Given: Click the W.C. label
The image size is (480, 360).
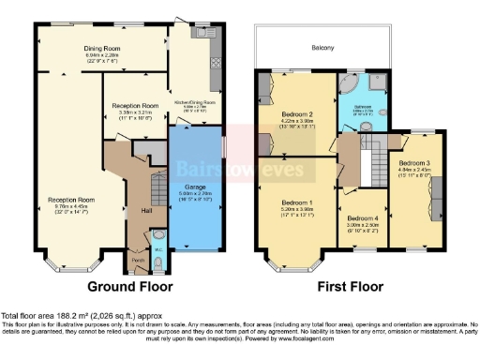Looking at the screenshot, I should coord(158,249).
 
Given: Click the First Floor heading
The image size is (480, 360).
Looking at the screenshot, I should coord(333,286).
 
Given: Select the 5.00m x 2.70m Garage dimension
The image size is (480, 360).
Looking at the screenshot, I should coord(194,196).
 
